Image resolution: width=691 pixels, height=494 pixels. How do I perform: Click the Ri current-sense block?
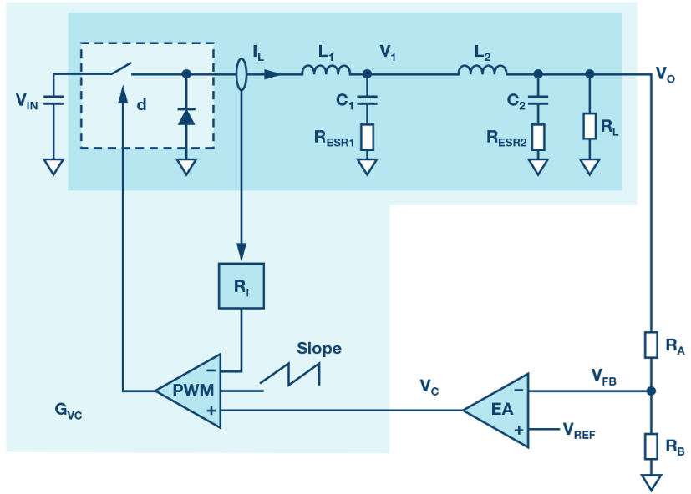tap(241, 285)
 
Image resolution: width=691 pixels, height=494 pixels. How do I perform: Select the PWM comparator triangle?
tap(194, 391)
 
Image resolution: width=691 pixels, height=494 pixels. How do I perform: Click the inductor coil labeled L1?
tap(326, 69)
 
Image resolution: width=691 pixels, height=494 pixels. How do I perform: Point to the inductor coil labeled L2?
tap(483, 69)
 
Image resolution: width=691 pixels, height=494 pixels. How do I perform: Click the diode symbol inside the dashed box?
tap(186, 116)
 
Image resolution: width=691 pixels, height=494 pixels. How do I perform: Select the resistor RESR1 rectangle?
tap(367, 138)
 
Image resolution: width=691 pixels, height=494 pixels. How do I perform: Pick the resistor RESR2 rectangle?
tap(538, 138)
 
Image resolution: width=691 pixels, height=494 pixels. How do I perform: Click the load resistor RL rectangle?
tap(590, 126)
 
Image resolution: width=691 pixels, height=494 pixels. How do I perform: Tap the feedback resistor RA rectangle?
tap(651, 345)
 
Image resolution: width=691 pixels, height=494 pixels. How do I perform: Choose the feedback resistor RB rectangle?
tap(651, 446)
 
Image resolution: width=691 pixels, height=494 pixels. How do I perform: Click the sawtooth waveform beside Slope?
tap(290, 375)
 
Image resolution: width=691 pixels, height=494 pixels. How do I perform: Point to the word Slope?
tap(319, 348)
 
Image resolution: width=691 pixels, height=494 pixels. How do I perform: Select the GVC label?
tap(69, 411)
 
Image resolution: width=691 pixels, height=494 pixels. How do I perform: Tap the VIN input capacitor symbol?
tap(53, 100)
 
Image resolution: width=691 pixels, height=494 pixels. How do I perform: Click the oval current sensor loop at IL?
tap(241, 74)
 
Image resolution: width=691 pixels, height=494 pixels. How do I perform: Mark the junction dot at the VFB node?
tap(651, 391)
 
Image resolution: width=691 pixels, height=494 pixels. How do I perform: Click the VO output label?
tap(665, 74)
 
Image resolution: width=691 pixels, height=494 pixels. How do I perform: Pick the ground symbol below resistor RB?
tap(651, 482)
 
